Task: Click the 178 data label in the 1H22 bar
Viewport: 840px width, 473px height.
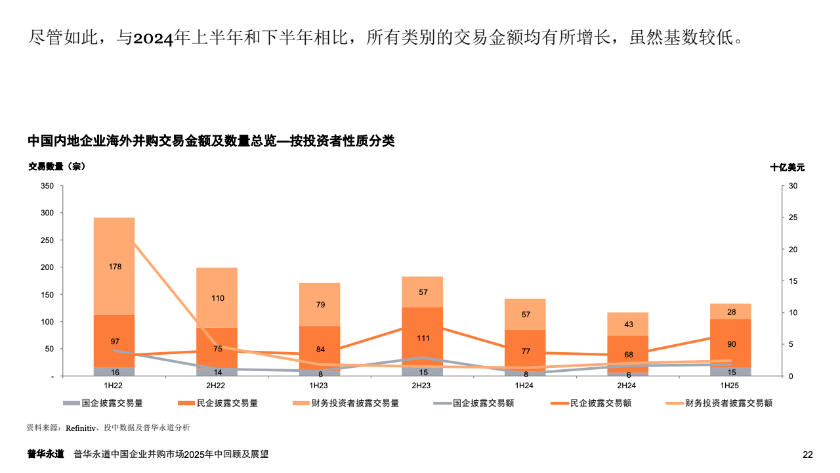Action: point(115,267)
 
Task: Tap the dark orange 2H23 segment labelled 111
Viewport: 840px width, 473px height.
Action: point(423,328)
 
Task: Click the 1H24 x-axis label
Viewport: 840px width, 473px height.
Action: point(525,385)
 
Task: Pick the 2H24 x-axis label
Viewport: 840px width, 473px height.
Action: point(628,385)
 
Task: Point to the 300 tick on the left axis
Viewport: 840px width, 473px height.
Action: point(47,213)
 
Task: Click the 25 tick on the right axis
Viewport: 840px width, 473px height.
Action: point(793,217)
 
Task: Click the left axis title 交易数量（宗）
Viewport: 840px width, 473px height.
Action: point(56,167)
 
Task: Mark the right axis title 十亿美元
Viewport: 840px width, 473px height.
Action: point(787,168)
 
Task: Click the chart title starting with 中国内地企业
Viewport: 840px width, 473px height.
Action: point(211,141)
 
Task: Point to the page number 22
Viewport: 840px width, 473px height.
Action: point(808,455)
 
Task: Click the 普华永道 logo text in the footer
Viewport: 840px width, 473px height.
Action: point(45,454)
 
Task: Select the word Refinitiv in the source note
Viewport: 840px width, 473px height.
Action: point(80,428)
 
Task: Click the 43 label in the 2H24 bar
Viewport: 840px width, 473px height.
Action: point(628,325)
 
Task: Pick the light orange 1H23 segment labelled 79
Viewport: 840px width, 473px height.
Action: point(320,304)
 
